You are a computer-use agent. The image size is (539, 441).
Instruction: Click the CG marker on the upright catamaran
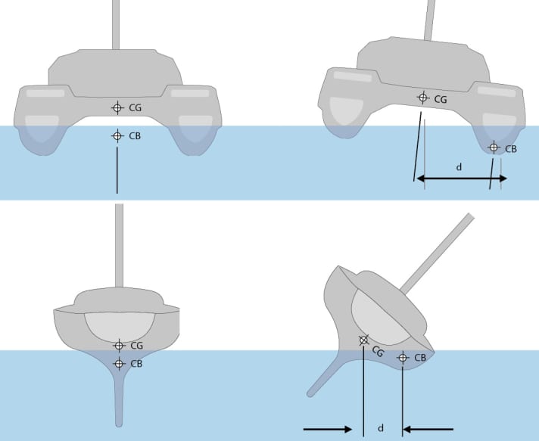117,108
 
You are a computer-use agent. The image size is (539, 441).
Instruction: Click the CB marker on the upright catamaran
117,136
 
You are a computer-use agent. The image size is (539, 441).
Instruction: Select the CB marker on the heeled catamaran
494,148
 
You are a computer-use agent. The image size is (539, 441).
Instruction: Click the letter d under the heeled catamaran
459,168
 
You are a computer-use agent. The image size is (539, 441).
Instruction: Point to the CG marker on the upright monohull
119,346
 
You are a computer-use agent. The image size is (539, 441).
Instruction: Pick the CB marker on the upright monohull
119,363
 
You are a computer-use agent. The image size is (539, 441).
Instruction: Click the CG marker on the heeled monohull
364,340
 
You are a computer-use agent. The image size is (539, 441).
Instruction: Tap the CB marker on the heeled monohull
402,357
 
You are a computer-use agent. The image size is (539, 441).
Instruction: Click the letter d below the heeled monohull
380,429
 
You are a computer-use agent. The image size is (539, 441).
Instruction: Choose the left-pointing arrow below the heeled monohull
428,429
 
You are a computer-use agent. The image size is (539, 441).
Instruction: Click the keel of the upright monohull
119,401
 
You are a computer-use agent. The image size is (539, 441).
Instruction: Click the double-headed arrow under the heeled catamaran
461,179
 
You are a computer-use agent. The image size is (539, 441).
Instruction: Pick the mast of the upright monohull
119,242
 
